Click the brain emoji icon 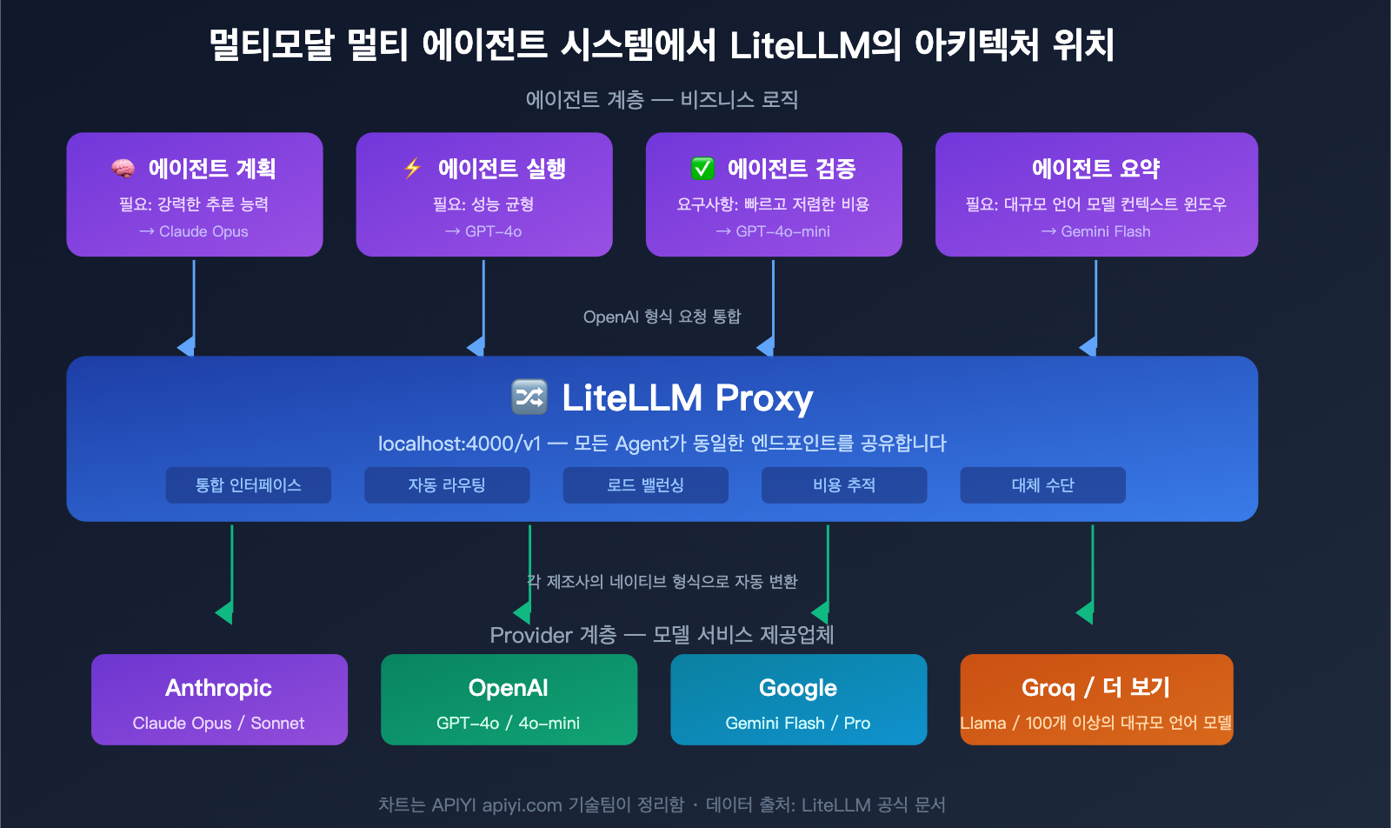(123, 168)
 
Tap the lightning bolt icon (413, 168)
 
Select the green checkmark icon (702, 168)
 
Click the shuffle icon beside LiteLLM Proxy (529, 397)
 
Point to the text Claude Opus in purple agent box (203, 231)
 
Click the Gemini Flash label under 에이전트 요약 (1105, 231)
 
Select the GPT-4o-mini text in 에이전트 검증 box (782, 231)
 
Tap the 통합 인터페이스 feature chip (248, 485)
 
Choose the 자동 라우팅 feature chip (447, 485)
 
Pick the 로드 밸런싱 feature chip (645, 485)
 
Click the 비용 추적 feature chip (844, 485)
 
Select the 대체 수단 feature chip (1042, 485)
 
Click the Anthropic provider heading (219, 688)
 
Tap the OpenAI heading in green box (509, 688)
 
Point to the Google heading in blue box (798, 688)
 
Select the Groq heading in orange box (1048, 688)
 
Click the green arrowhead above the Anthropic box (225, 612)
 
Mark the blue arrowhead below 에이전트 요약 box (1088, 347)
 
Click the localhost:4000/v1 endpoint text (459, 444)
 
